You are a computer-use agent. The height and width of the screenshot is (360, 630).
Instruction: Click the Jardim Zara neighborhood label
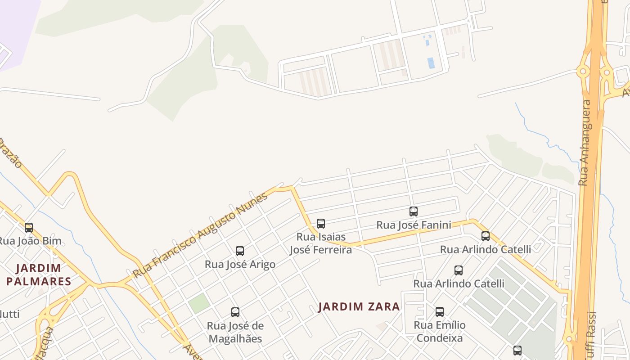[359, 307]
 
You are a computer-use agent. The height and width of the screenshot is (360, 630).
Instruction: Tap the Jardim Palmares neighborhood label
[39, 275]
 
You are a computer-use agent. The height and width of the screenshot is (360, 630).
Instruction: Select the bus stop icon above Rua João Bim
[29, 228]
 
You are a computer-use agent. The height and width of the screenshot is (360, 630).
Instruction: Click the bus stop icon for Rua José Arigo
[240, 251]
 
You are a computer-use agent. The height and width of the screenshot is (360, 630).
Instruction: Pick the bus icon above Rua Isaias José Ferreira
[321, 224]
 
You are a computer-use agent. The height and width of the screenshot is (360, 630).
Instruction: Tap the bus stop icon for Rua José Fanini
[414, 211]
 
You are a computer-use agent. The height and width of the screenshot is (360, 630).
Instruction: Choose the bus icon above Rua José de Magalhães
[235, 312]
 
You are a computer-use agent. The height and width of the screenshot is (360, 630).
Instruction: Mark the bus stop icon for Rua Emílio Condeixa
[440, 311]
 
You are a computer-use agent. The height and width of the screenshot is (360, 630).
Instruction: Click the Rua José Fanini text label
[414, 225]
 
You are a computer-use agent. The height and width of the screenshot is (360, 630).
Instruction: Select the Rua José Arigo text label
[240, 264]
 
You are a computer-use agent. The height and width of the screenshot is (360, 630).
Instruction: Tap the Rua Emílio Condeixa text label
[440, 331]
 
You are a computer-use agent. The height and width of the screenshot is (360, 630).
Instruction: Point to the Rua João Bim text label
[30, 241]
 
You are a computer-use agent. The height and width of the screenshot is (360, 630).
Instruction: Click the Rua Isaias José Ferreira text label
[321, 243]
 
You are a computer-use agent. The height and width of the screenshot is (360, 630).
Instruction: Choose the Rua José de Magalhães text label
[235, 332]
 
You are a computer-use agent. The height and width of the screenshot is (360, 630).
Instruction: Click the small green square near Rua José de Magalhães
[199, 303]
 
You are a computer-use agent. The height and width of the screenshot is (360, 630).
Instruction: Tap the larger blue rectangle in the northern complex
[431, 63]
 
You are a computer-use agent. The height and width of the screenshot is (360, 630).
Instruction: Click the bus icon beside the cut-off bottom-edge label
[517, 350]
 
